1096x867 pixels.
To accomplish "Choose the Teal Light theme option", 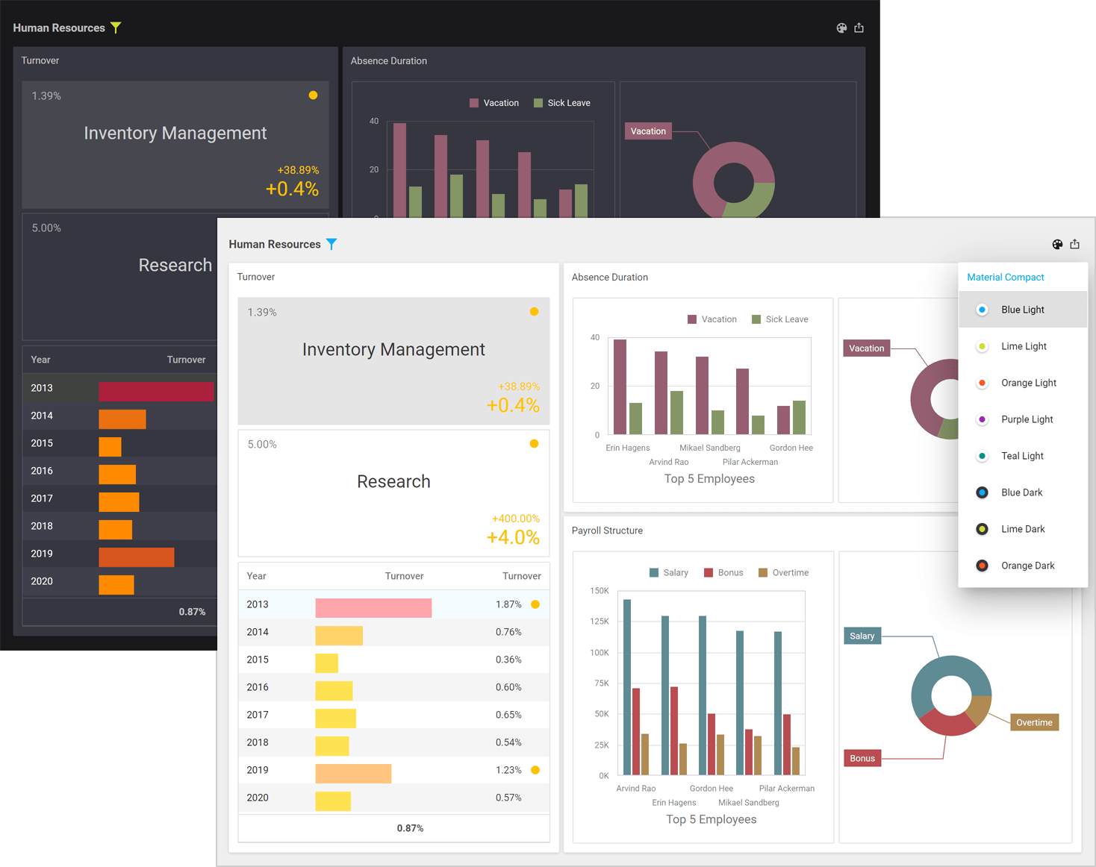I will tap(1021, 456).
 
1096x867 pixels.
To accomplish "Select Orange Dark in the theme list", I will tap(1027, 566).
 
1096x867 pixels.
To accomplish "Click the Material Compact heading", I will tap(1005, 277).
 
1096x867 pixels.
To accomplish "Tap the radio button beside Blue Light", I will tap(982, 310).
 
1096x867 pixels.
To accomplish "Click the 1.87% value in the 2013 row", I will tap(508, 604).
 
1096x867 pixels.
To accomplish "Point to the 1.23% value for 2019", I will tap(508, 770).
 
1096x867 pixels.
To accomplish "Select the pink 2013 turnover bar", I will tap(373, 608).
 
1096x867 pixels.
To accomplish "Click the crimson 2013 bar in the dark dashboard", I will tap(156, 391).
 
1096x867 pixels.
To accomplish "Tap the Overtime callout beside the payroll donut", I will tap(1034, 722).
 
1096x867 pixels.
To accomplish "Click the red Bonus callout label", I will tap(862, 758).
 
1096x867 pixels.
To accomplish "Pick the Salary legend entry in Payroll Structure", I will tap(669, 573).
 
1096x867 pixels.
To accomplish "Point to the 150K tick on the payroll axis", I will tap(599, 590).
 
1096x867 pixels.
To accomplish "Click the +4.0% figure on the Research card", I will tap(513, 537).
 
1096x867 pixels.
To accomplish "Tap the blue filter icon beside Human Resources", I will tap(331, 244).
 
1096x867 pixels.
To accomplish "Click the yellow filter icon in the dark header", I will tap(116, 28).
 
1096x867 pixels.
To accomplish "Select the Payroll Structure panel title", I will tap(607, 530).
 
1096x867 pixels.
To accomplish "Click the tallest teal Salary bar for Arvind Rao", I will tap(627, 686).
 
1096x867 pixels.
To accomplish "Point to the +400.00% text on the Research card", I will tap(515, 519).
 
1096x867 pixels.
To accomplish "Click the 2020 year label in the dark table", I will tap(42, 581).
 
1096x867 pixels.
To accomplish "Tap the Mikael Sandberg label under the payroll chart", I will tap(748, 803).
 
